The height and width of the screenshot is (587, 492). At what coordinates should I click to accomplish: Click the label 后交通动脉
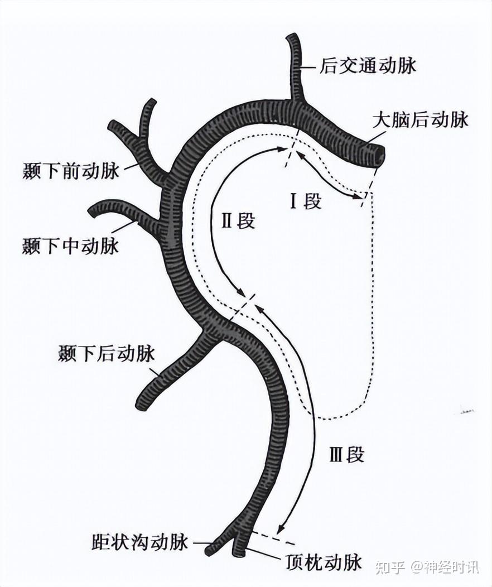[368, 68]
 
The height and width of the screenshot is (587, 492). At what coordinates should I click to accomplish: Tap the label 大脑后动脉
[421, 121]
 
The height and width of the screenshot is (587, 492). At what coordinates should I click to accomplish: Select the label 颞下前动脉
[71, 171]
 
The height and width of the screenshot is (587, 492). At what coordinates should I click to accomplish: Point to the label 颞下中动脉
[71, 246]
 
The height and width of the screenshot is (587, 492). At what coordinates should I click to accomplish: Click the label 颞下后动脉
[106, 354]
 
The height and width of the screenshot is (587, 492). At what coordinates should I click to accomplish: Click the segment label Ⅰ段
[305, 201]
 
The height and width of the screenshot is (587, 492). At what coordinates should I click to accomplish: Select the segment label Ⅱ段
[238, 221]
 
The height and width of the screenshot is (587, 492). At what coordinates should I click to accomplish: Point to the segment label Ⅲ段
[346, 455]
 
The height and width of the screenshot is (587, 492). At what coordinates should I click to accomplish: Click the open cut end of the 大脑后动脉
[379, 156]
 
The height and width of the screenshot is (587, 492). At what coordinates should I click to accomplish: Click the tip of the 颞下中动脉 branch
[93, 211]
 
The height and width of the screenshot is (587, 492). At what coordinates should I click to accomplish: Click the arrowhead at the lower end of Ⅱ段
[243, 294]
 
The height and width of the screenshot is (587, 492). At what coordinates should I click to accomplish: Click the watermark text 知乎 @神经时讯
[427, 567]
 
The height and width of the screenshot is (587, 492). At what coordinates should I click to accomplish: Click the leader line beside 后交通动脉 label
[310, 68]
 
